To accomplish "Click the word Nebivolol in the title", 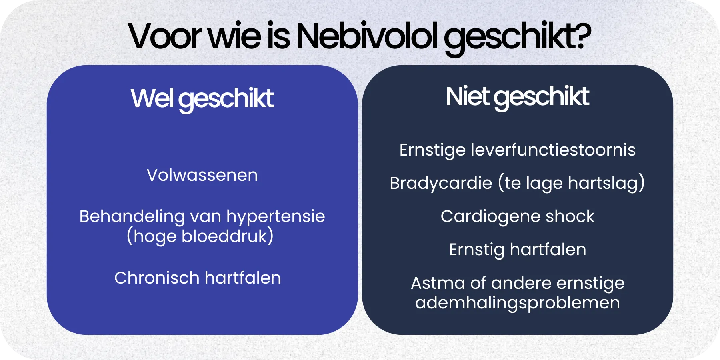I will tap(367, 36).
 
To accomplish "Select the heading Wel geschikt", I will tap(202, 98).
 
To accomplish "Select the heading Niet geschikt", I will tap(517, 96).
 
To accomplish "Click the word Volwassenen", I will tap(202, 175).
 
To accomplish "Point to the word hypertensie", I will tap(276, 216).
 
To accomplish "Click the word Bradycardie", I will tap(441, 183).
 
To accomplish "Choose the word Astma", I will tap(438, 283).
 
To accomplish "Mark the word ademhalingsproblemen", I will tap(517, 303).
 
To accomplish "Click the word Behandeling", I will tap(132, 216).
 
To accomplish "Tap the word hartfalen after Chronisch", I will tap(243, 278).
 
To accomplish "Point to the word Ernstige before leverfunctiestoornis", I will tap(432, 150).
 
